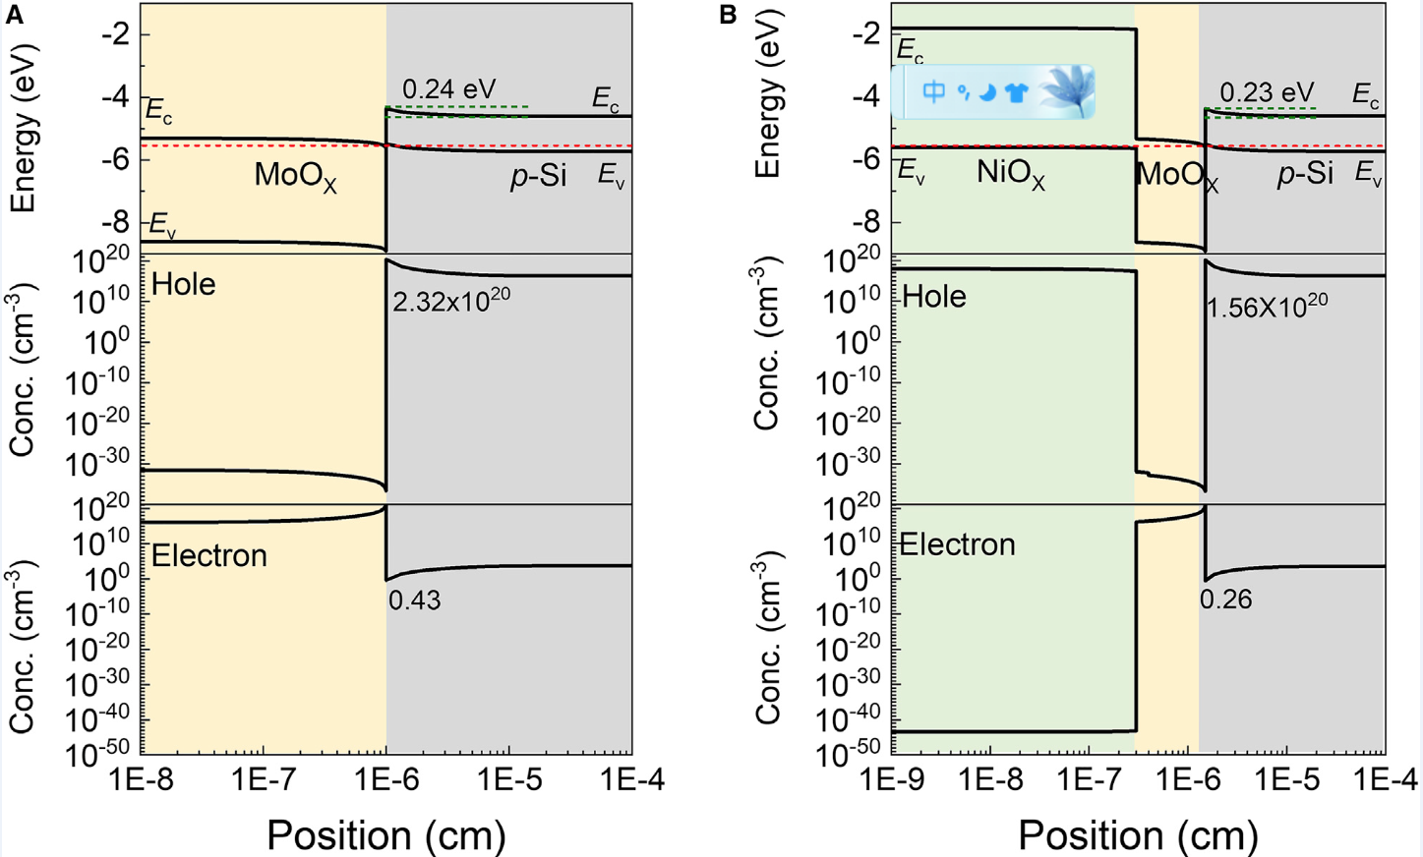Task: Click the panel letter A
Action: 14,15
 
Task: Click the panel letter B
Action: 728,15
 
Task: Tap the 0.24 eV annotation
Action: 448,89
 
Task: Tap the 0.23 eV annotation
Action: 1266,92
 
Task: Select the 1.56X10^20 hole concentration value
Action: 1267,306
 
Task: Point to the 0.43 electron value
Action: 414,600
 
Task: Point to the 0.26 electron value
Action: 1225,599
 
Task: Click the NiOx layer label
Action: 1010,175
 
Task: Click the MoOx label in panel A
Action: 295,177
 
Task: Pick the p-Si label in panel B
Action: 1305,174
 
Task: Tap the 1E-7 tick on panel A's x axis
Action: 264,780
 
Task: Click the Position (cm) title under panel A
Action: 385,835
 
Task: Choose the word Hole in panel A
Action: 183,284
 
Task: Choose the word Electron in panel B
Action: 957,544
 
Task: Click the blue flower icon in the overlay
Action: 1067,90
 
